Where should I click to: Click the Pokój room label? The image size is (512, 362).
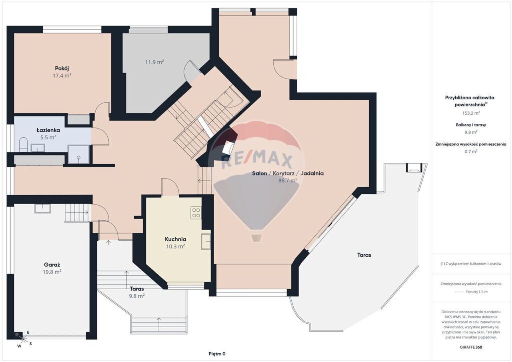[62, 68]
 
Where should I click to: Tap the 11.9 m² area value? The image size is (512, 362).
[154, 62]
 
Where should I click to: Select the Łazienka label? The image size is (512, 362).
[48, 130]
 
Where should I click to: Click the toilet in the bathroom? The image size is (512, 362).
[23, 144]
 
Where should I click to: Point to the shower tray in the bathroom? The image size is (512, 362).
[78, 154]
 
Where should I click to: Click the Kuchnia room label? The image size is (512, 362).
[176, 239]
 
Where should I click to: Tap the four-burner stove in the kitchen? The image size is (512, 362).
[196, 213]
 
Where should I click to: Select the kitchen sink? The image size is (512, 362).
[206, 241]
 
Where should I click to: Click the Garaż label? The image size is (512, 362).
[52, 265]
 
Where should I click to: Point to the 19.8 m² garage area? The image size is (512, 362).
[52, 272]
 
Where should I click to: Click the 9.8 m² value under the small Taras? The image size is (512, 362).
[137, 296]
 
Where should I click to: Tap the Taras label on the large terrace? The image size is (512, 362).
[364, 255]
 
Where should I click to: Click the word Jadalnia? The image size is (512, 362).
[312, 174]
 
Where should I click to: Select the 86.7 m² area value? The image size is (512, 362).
[288, 180]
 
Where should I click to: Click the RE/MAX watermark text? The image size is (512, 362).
[257, 161]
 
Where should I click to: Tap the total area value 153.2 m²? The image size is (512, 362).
[471, 113]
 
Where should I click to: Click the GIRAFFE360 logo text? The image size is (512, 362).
[471, 347]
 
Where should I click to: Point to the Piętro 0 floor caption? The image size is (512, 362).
[217, 354]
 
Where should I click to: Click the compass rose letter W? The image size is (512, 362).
[20, 346]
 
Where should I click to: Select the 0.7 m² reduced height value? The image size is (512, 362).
[471, 151]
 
